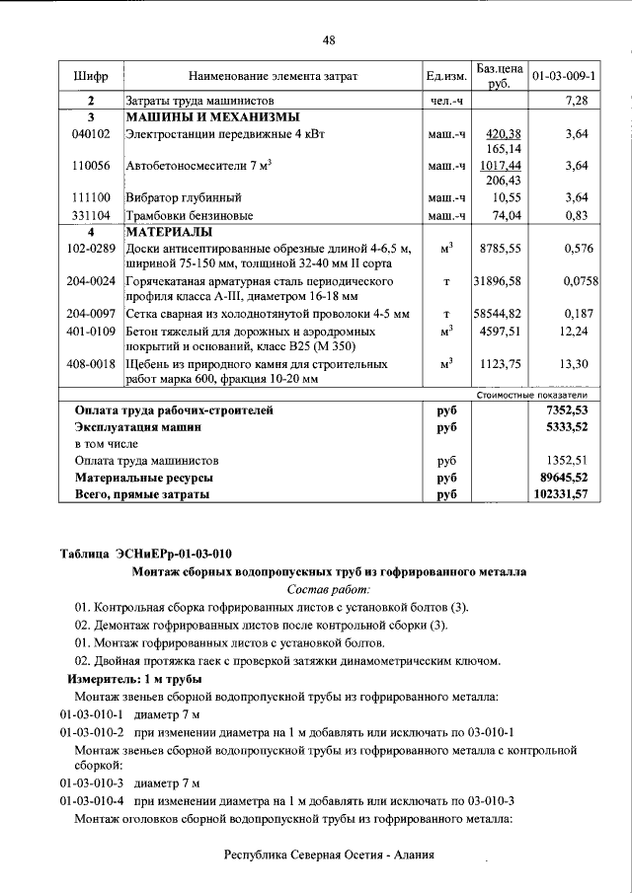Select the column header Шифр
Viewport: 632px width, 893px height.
(x=91, y=75)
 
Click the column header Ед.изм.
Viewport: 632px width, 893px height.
(x=445, y=75)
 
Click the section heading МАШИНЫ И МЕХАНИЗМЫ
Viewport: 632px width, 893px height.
(x=192, y=116)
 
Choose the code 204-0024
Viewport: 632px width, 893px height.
(x=91, y=281)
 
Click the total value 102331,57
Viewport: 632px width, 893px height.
(x=559, y=492)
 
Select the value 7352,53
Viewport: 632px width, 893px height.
(x=567, y=409)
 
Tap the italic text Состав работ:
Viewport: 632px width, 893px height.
(x=329, y=588)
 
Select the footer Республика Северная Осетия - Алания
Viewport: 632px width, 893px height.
(x=329, y=856)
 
